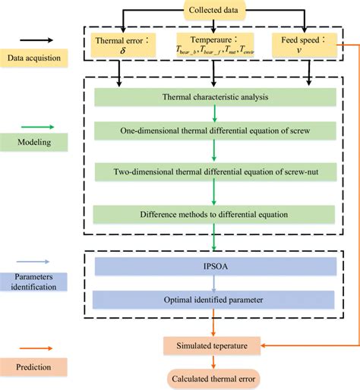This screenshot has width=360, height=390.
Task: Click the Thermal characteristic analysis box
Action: point(216,98)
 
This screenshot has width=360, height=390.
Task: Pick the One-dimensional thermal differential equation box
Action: point(216,131)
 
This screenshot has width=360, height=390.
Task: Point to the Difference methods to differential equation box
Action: point(216,213)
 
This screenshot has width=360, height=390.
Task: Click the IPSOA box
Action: point(216,267)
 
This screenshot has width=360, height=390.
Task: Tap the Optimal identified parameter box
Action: point(216,300)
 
